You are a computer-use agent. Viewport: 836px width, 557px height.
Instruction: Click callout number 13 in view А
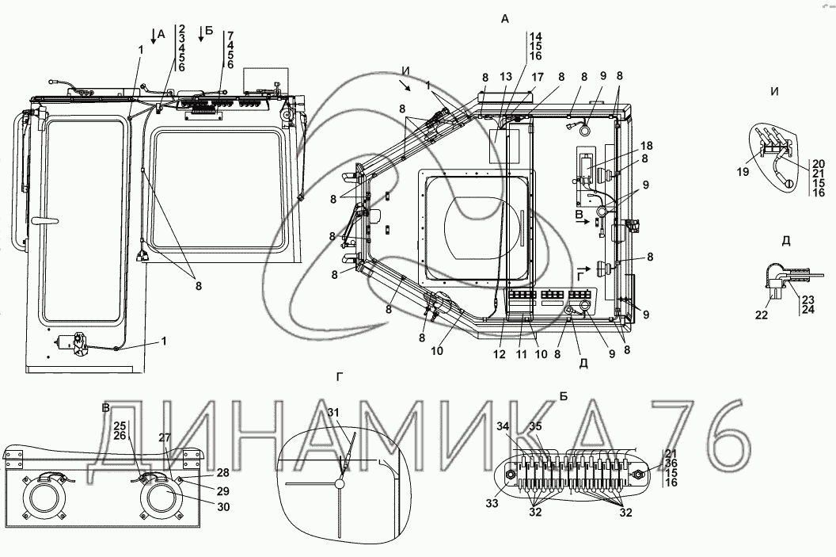coord(505,78)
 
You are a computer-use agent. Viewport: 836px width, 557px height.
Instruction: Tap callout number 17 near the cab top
coord(537,78)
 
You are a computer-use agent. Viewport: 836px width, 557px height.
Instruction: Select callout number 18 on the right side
coord(646,146)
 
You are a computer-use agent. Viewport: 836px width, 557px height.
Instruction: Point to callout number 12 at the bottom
coord(499,353)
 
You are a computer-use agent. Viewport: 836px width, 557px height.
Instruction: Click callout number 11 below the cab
coord(521,353)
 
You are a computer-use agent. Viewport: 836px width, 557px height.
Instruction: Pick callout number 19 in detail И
coord(743,172)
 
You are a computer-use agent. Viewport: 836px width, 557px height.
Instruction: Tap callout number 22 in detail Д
coord(762,315)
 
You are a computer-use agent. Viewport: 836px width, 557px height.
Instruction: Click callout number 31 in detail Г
coord(333,413)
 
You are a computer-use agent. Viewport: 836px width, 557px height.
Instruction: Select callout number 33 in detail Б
coord(492,502)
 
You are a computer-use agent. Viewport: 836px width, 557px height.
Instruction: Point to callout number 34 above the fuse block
coord(503,425)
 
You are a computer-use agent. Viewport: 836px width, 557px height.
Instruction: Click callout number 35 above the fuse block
coord(535,425)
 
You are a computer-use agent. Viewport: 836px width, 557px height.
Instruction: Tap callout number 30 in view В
coord(223,506)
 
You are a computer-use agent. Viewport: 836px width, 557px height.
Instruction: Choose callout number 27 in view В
coord(164,437)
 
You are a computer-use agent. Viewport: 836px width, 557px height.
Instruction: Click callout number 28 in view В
coord(223,473)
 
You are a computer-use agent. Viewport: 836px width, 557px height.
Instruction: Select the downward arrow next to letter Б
coord(201,33)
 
